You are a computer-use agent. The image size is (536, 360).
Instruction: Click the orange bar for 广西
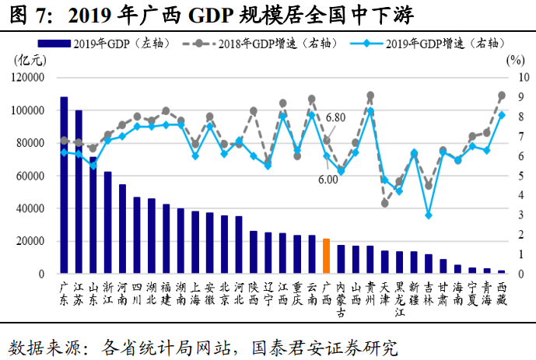click(327, 256)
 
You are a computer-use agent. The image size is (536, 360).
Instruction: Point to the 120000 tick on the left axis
click(28, 78)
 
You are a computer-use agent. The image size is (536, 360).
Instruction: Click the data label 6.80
click(335, 117)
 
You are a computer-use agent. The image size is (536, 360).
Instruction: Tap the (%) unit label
click(515, 60)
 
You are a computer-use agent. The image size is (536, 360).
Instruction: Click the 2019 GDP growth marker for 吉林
click(429, 215)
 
